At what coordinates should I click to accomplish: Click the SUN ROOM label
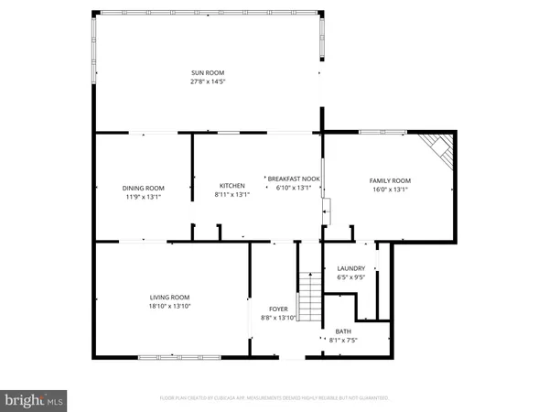208,72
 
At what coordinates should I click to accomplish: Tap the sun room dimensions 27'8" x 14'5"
208,81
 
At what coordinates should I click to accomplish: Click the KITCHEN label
231,186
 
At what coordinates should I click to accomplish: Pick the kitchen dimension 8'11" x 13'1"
231,194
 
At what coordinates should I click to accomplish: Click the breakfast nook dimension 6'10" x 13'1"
294,188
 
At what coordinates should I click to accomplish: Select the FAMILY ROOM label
390,180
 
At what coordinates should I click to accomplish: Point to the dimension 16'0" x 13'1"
390,190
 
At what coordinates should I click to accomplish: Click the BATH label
343,331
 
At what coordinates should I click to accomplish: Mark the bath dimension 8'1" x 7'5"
343,340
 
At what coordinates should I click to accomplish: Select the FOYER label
278,309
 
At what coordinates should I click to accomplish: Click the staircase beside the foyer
311,293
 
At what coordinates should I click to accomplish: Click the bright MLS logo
35,400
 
